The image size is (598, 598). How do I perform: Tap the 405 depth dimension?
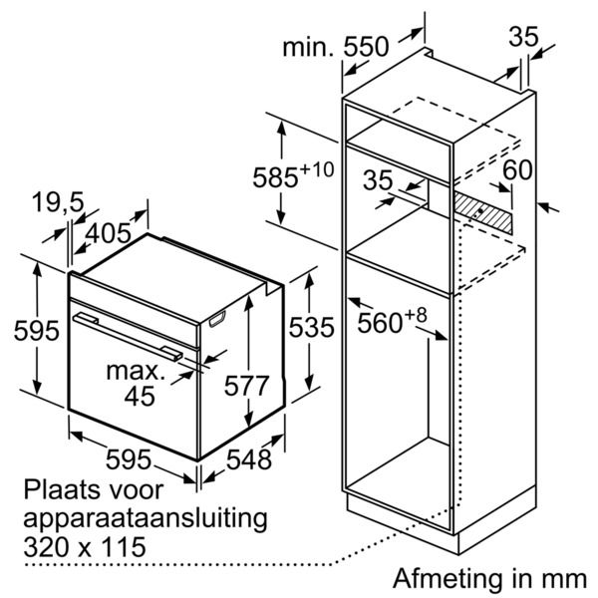coord(109,233)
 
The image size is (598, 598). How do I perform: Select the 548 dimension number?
coord(247,459)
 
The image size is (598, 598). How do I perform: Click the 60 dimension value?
coord(517,169)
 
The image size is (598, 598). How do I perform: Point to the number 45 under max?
coord(141,397)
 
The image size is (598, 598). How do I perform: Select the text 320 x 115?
coord(85,547)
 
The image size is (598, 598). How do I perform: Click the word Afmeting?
coord(442,578)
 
